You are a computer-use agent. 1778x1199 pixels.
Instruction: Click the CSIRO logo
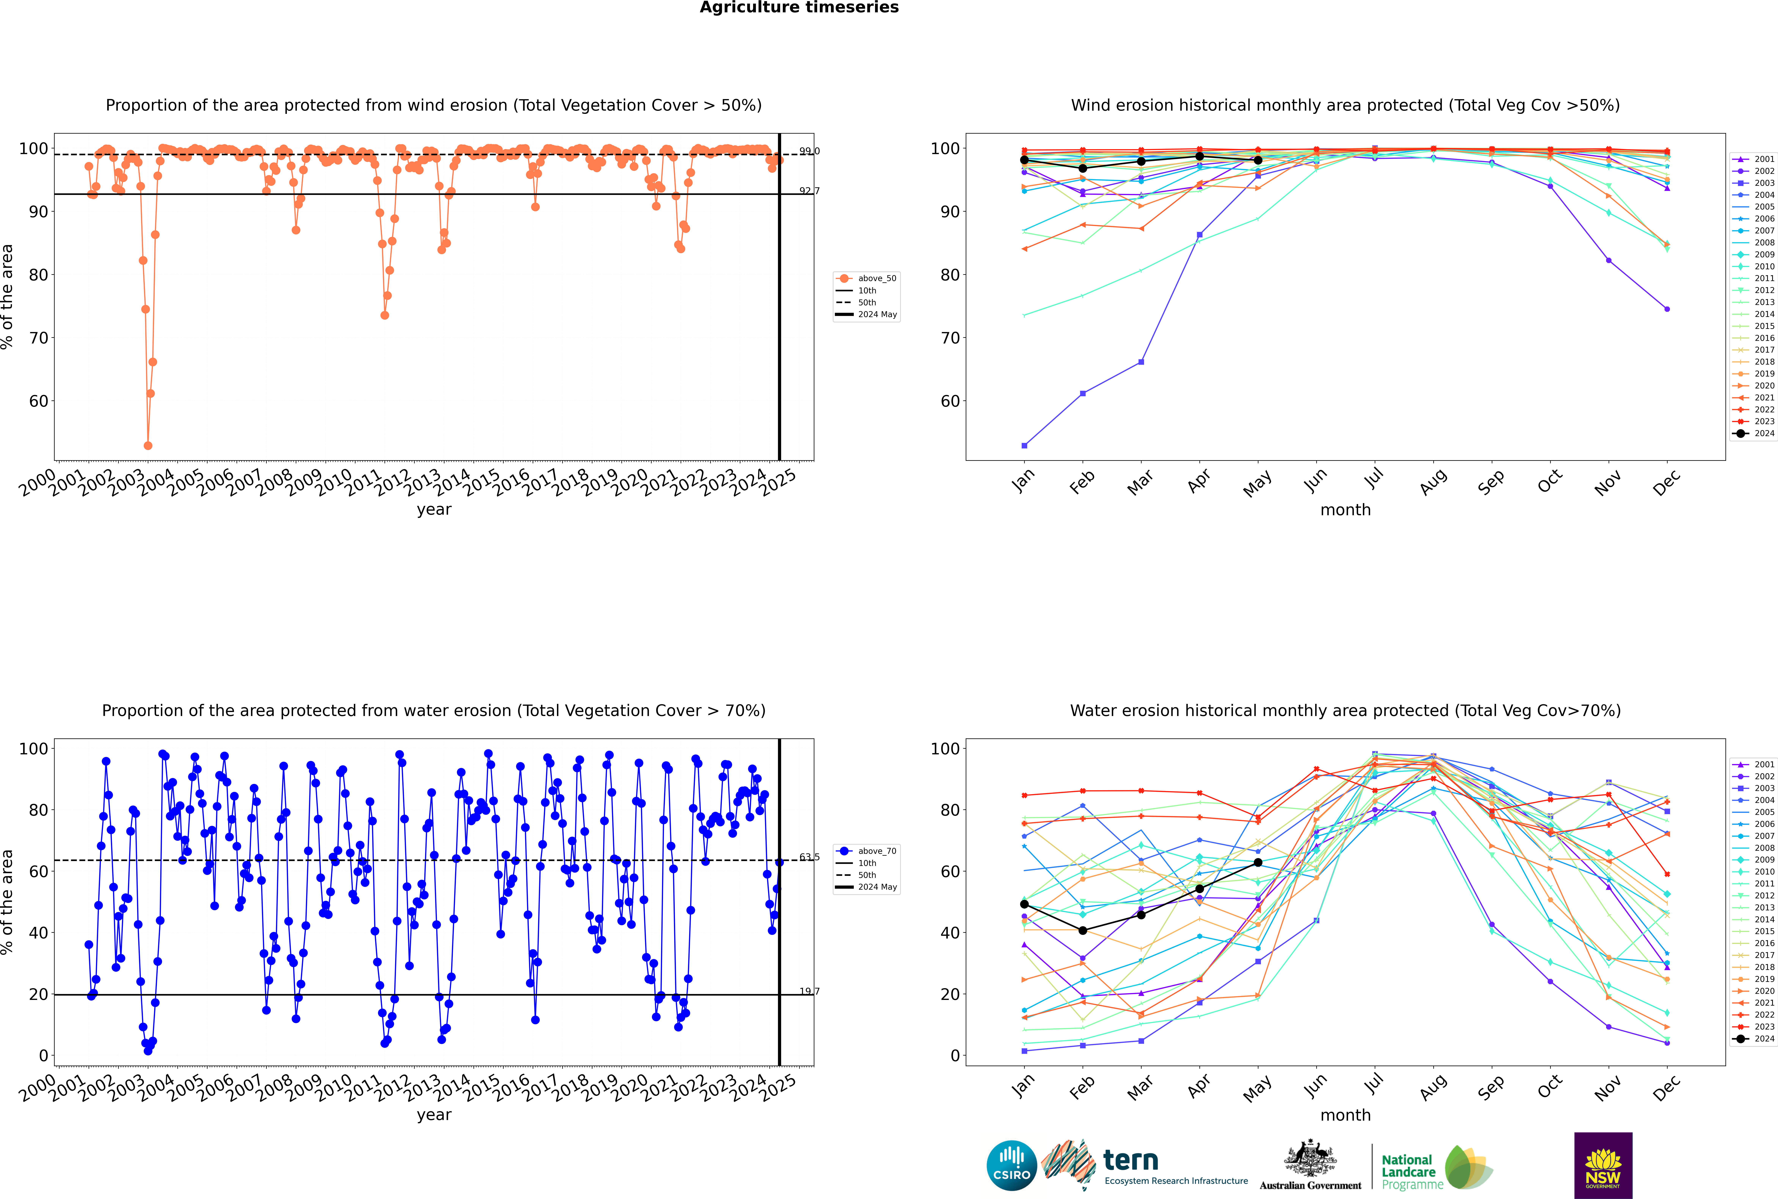click(1011, 1165)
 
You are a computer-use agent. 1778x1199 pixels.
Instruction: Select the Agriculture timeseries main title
click(799, 8)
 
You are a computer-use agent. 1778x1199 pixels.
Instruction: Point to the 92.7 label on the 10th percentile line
click(809, 190)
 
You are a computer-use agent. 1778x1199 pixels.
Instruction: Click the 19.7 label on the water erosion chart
click(809, 991)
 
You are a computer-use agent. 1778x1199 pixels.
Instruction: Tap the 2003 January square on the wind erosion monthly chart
click(1024, 445)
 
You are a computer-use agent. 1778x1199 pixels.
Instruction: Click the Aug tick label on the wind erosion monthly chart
click(1433, 482)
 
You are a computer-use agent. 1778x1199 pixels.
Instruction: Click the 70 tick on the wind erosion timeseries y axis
click(38, 338)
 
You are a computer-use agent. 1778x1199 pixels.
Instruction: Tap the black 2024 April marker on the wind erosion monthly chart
click(1199, 156)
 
